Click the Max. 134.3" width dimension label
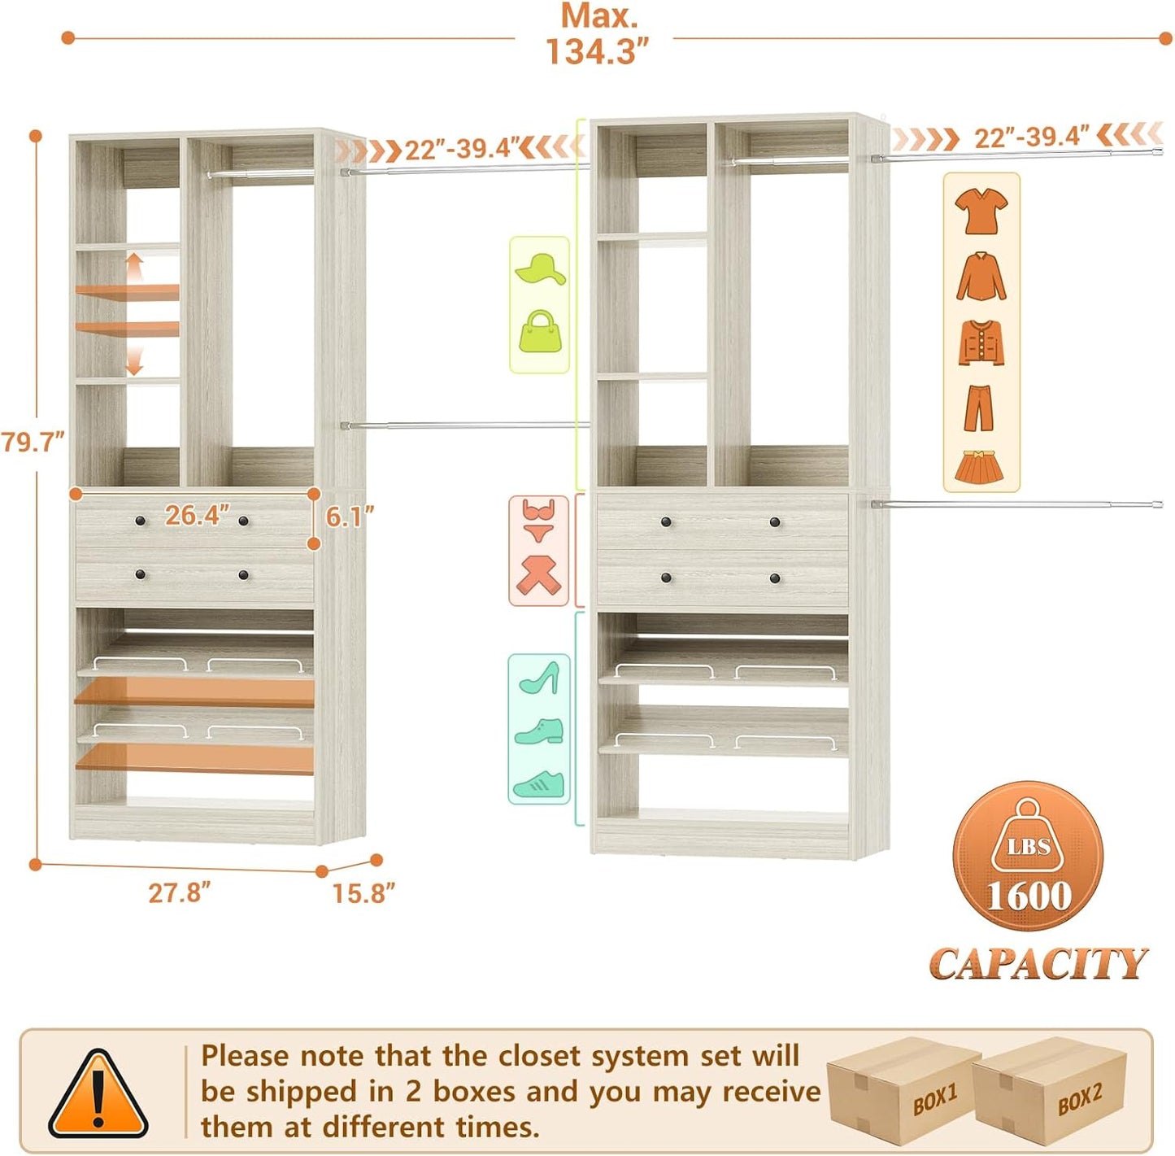pyautogui.click(x=598, y=35)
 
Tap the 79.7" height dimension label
pyautogui.click(x=33, y=443)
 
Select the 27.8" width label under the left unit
pyautogui.click(x=179, y=892)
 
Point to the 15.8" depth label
pyautogui.click(x=363, y=893)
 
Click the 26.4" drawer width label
pyautogui.click(x=198, y=515)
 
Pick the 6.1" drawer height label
pyautogui.click(x=350, y=517)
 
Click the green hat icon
pyautogui.click(x=540, y=268)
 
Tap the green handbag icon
pyautogui.click(x=540, y=332)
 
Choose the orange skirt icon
pyautogui.click(x=979, y=467)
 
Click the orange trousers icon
pyautogui.click(x=979, y=408)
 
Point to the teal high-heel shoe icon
pyautogui.click(x=540, y=678)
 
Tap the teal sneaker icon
pyautogui.click(x=539, y=783)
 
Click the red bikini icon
pyautogui.click(x=538, y=521)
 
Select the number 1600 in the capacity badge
pyautogui.click(x=1029, y=896)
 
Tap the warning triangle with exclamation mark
pyautogui.click(x=98, y=1095)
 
